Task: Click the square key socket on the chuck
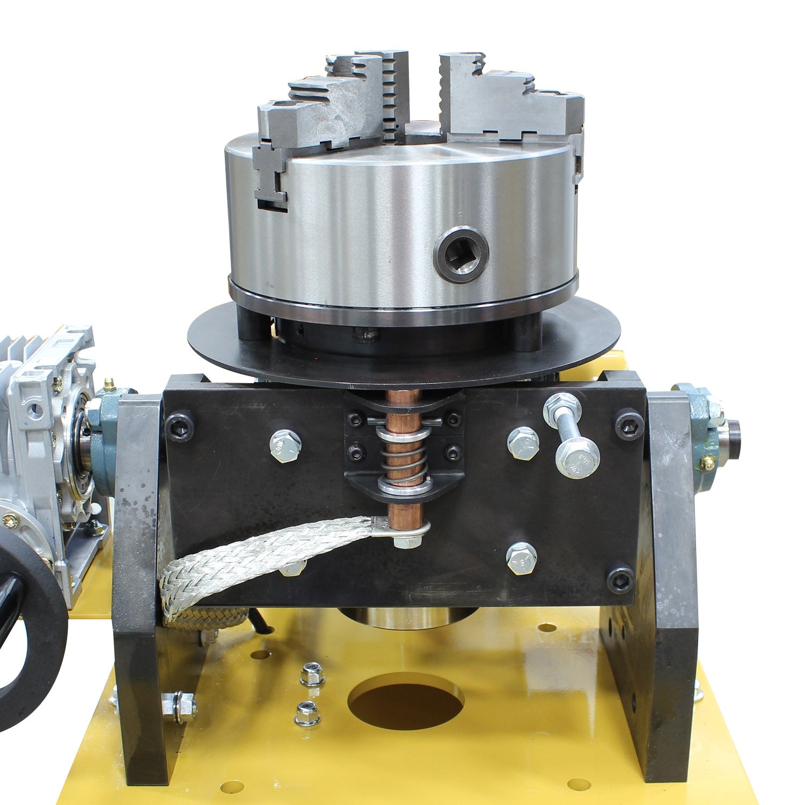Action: coord(461,254)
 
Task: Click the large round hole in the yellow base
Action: coord(406,701)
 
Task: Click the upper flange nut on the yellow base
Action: coord(312,674)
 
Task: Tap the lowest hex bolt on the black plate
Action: coord(521,558)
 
